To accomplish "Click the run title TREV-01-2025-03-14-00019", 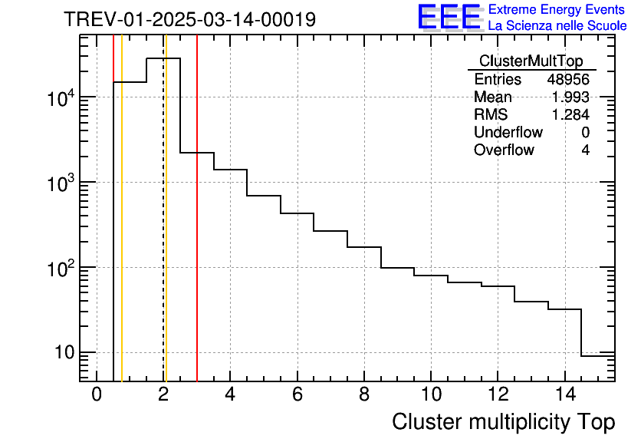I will [189, 19].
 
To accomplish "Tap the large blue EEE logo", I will [449, 17].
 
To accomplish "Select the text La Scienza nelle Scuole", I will [557, 25].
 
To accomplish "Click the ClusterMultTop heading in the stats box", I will [531, 61].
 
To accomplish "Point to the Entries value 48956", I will [568, 79].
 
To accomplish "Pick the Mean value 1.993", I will [570, 97].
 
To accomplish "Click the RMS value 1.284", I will [570, 114].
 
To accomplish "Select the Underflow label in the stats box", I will [508, 132].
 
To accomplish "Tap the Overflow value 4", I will [585, 150].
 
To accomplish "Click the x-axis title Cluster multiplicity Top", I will [503, 421].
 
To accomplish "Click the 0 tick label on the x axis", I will [97, 394].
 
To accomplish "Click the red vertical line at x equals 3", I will [197, 230].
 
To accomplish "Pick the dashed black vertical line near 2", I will [163, 230].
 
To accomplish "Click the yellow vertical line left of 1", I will [122, 230].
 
